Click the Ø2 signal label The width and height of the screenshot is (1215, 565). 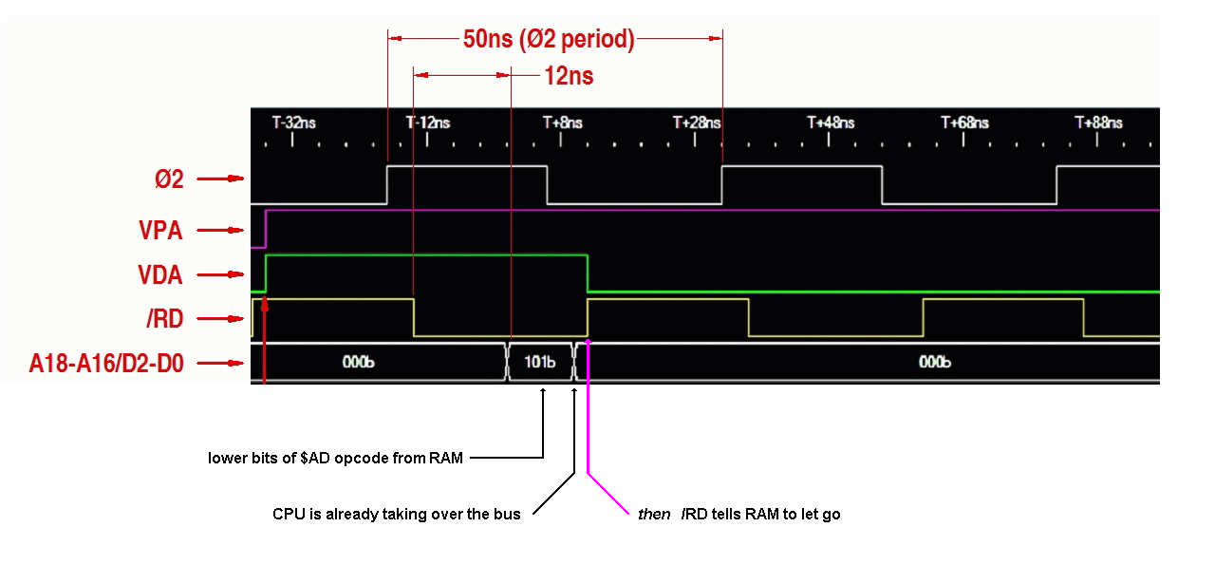point(169,179)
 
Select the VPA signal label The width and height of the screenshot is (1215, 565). point(160,230)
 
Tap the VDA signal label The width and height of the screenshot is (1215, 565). point(160,274)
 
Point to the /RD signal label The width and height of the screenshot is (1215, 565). point(165,319)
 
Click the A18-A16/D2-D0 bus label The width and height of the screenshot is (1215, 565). point(106,363)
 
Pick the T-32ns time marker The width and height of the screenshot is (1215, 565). point(293,122)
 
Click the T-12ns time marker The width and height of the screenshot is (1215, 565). point(428,122)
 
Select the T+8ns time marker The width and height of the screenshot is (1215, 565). point(563,122)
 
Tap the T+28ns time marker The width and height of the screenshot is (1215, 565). point(697,122)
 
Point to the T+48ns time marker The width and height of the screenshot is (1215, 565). point(831,122)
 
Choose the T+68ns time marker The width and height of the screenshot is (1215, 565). point(964,122)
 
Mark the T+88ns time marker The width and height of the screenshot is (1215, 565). point(1098,122)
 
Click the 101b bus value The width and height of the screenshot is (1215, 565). point(540,362)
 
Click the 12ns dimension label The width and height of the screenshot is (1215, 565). point(569,75)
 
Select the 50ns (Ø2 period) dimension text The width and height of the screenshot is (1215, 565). point(549,39)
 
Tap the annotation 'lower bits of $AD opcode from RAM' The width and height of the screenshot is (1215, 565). point(335,458)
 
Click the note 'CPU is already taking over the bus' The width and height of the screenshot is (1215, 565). point(396,514)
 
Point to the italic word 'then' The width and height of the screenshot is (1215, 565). point(654,514)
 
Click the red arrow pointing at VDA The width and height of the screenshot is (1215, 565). point(220,274)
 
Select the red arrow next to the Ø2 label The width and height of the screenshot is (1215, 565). point(220,179)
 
